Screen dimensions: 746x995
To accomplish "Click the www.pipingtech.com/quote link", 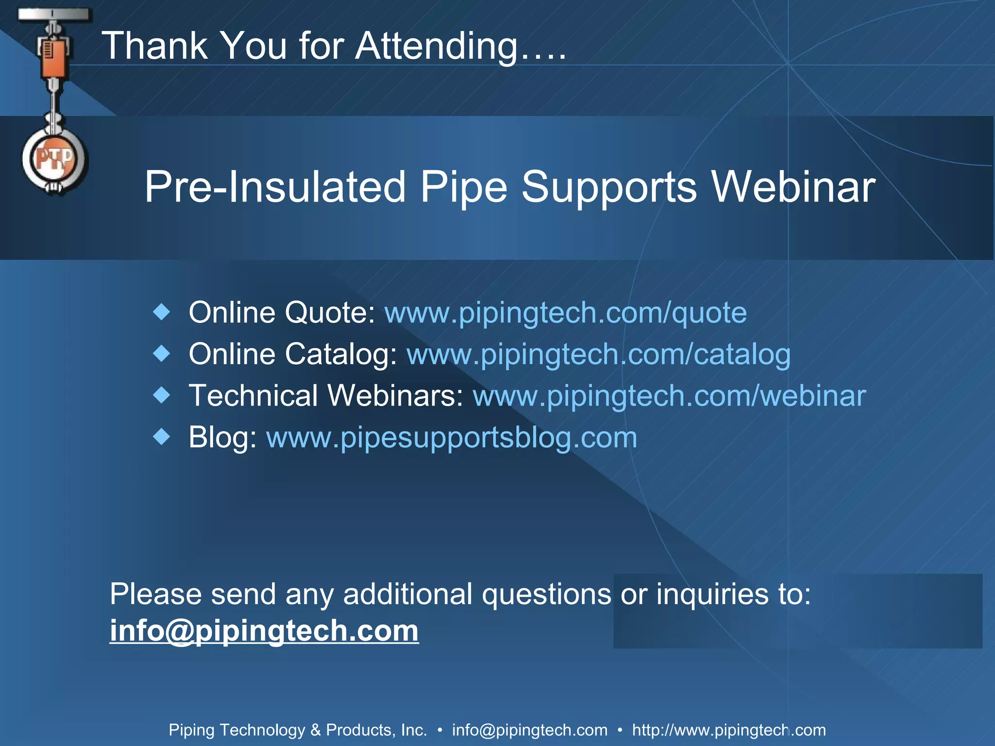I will pos(566,312).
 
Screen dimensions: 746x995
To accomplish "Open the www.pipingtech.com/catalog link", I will pos(598,354).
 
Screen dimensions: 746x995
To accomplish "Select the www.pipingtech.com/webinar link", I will pos(669,396).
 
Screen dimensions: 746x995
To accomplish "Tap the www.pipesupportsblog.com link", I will pos(451,438).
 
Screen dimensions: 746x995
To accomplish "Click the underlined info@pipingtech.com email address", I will pos(264,631).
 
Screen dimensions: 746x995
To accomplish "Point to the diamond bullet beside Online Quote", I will pos(161,312).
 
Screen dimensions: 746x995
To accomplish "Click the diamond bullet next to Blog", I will pos(161,437).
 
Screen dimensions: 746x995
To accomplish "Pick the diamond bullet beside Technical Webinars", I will pos(161,395).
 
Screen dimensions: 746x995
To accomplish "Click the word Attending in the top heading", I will pos(436,46).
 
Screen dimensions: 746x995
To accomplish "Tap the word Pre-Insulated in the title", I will pos(275,187).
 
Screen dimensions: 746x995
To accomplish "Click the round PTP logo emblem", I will pos(54,159).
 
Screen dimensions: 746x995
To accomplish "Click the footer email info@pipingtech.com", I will pos(530,730).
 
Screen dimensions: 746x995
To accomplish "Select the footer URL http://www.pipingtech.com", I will pos(729,730).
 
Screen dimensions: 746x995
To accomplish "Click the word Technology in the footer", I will pos(262,730).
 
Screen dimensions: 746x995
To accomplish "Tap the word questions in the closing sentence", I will pos(546,594).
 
